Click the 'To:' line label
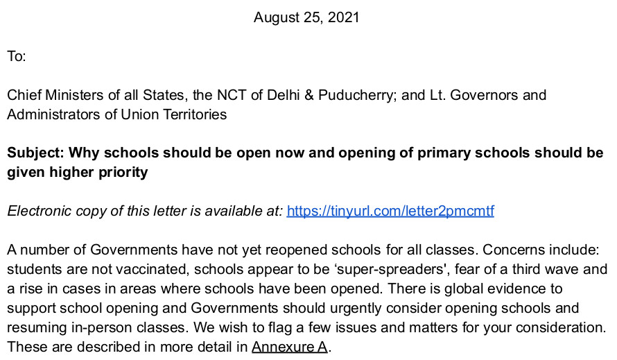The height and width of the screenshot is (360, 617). point(17,56)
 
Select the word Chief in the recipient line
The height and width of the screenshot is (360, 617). point(24,95)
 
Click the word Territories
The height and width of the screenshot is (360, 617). point(191,114)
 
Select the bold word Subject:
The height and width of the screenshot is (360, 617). point(36,153)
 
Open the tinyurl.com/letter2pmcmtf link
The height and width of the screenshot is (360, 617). point(390,211)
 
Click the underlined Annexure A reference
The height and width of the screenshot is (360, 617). point(290,346)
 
